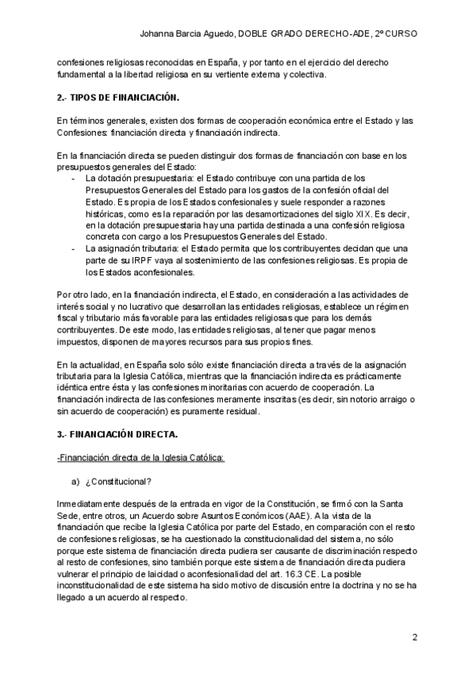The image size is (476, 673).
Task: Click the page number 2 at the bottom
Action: (x=414, y=637)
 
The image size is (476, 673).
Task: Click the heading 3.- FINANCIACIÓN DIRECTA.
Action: (x=117, y=435)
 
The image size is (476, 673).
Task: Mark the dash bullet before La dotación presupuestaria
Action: (x=74, y=179)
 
